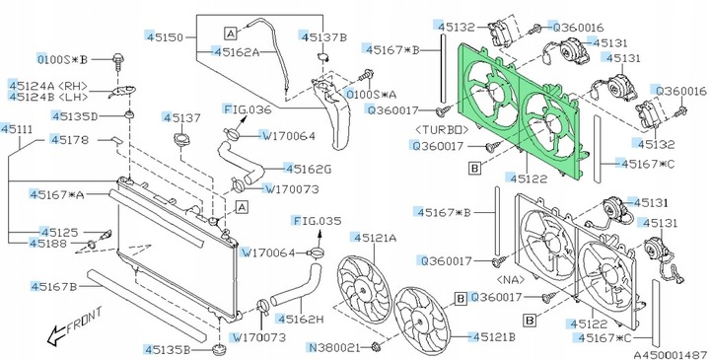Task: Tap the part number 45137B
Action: coord(326,36)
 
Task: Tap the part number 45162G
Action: coord(310,168)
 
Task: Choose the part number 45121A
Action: coord(376,238)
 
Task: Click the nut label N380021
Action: coord(333,347)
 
